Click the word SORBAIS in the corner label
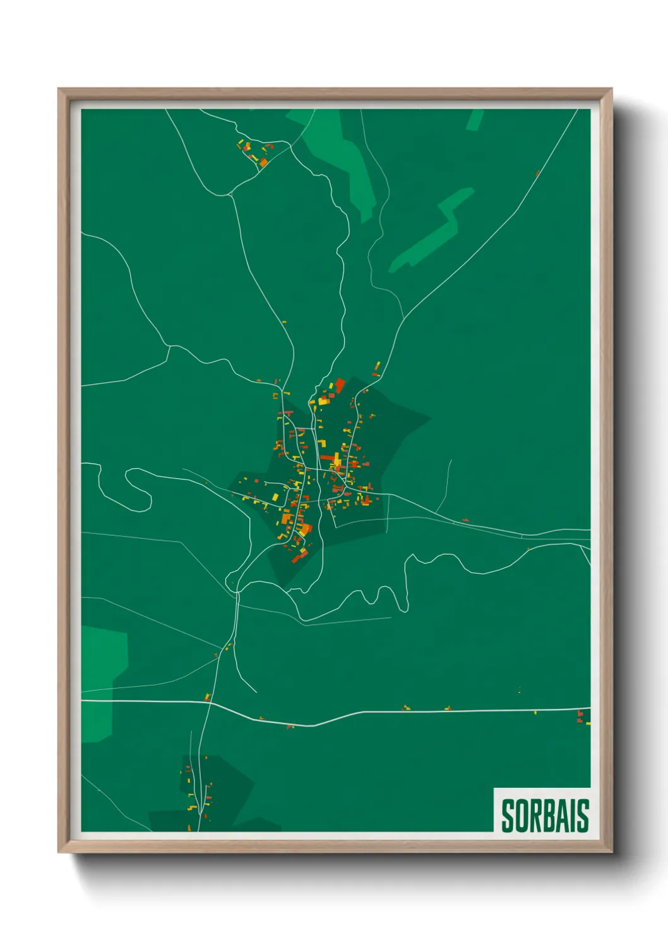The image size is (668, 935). [x=545, y=816]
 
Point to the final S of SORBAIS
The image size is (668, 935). [x=583, y=816]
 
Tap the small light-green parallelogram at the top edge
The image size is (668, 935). [x=475, y=119]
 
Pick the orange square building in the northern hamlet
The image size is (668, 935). [x=263, y=162]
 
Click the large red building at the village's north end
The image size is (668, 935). [x=340, y=385]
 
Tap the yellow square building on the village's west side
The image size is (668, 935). [x=275, y=498]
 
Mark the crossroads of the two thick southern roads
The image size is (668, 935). [x=210, y=702]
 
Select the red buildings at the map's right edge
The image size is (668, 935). [x=580, y=716]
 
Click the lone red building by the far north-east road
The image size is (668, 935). [x=537, y=173]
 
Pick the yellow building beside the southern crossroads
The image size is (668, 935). [x=206, y=697]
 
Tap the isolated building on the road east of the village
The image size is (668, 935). [x=465, y=520]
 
